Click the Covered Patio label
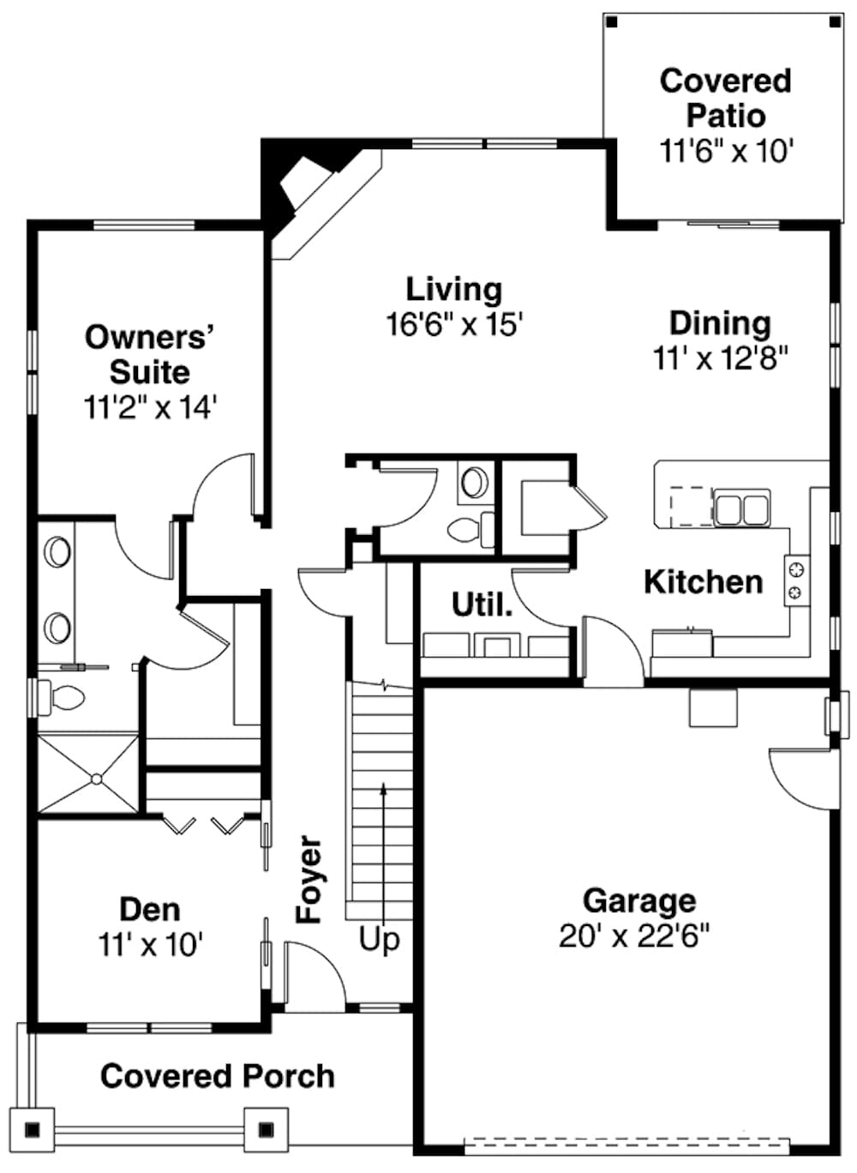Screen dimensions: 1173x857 (x=725, y=98)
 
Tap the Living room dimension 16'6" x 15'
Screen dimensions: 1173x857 (x=454, y=325)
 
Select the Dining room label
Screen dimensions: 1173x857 (x=720, y=323)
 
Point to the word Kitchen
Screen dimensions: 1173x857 (x=703, y=582)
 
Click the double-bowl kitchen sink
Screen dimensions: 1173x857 (x=741, y=508)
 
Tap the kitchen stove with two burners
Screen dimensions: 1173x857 (x=796, y=580)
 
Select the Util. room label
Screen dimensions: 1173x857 (x=482, y=605)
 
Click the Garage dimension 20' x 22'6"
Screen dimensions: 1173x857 (x=634, y=935)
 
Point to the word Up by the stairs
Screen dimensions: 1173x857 (x=379, y=939)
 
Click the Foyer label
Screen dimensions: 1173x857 (x=309, y=880)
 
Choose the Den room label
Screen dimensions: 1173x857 (x=150, y=909)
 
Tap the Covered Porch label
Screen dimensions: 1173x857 (x=217, y=1076)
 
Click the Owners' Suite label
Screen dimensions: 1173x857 (x=149, y=354)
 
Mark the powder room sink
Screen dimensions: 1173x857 (x=474, y=482)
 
